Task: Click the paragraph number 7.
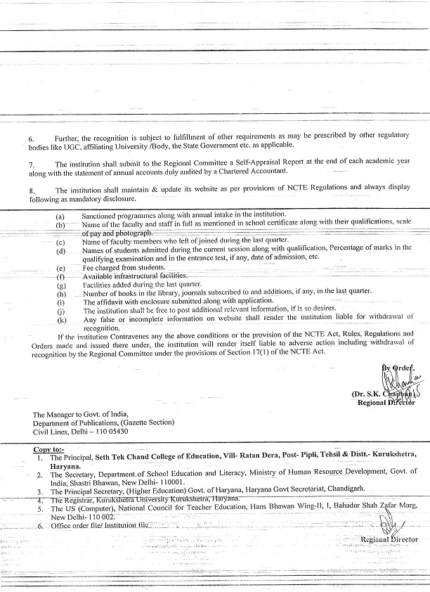click(31, 162)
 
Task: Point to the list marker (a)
click(60, 215)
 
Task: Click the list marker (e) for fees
click(60, 268)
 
